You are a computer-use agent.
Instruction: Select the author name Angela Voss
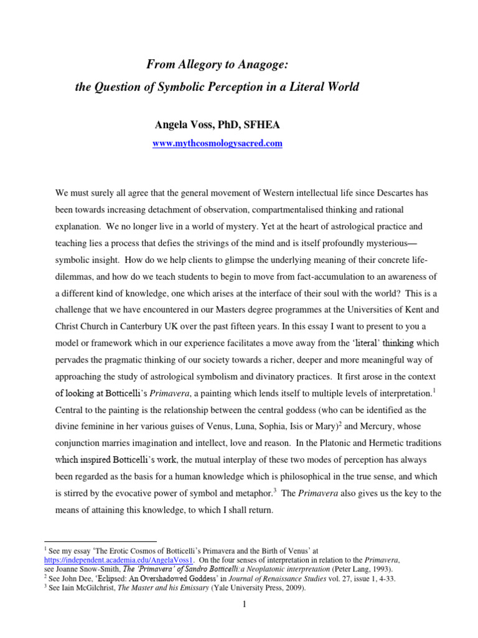(x=184, y=125)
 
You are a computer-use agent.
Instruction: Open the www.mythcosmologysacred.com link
(x=217, y=143)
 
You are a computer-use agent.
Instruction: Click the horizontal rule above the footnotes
(x=106, y=541)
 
